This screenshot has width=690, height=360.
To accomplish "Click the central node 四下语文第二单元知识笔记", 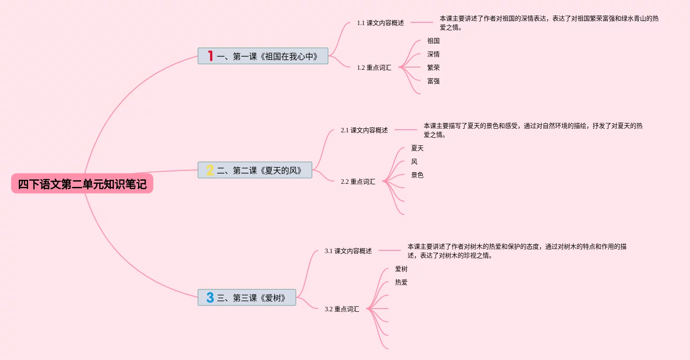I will tap(82, 184).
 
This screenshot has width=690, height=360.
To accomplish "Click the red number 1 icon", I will tap(210, 56).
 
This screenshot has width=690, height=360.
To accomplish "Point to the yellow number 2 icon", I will tap(210, 170).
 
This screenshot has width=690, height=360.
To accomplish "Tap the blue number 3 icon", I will tap(210, 298).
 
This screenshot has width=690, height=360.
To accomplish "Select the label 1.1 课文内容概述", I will tap(380, 23).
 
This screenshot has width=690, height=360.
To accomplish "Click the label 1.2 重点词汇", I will tap(374, 68).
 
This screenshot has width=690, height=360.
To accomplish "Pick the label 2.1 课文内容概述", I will tap(364, 130).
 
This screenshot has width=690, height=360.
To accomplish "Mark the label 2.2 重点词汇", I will tap(358, 182).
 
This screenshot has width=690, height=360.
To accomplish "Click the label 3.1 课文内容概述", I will tap(348, 251).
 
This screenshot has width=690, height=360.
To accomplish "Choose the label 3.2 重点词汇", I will tap(342, 309).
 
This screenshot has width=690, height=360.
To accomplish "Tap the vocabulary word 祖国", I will tap(433, 41).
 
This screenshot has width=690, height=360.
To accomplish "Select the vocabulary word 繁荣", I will tap(433, 68).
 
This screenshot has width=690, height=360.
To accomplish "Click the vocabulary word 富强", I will tap(433, 81).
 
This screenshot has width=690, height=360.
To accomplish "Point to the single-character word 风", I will tap(414, 161).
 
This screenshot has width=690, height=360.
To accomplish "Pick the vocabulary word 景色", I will tap(417, 175).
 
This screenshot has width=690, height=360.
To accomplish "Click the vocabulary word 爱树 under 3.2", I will tap(401, 269).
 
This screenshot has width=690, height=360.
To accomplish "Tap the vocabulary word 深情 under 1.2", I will tap(433, 54).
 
